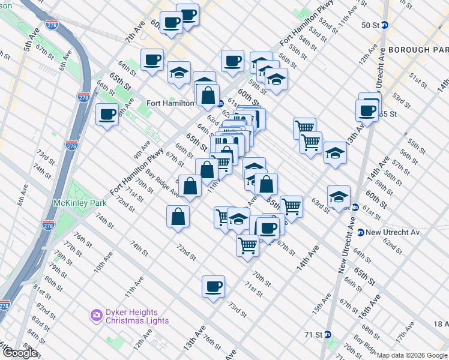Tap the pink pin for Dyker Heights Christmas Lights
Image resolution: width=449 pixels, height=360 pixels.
[96, 314]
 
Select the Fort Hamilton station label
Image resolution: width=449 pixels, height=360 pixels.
[170, 103]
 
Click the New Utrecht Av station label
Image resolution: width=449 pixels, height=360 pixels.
[391, 232]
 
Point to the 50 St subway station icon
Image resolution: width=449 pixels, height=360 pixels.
[385, 25]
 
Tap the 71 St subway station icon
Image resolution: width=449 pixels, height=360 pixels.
[328, 334]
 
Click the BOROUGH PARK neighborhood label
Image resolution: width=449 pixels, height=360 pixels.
[418, 49]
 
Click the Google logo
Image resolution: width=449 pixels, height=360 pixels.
[19, 353]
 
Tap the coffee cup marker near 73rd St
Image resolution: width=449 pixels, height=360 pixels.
[213, 287]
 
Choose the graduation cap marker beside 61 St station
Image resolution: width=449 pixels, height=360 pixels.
[339, 196]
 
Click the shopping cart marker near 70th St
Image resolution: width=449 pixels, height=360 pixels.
[247, 245]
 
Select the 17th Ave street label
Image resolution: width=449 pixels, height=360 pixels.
[405, 332]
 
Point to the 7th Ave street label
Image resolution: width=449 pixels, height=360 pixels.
[135, 31]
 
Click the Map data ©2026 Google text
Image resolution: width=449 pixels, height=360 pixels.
[412, 355]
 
